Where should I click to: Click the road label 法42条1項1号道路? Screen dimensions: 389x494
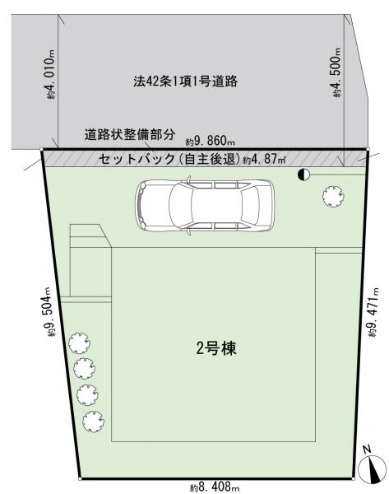pos(185,82)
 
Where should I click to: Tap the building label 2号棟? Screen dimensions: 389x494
pos(216,348)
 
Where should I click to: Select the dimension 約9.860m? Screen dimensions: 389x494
pos(211,142)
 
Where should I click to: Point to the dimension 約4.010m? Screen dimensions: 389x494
pos(51,75)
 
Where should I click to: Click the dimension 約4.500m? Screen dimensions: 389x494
pos(336,72)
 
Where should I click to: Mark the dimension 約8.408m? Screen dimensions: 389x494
pos(215,487)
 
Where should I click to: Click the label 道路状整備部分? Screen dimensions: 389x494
pos(129,134)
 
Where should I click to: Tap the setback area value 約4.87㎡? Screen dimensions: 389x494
pos(264,159)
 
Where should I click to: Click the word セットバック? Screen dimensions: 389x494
pos(137,159)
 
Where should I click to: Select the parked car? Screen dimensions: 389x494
pos(205,205)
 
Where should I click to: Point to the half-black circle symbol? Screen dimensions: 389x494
pos(303,175)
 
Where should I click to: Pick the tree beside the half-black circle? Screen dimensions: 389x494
pos(333,197)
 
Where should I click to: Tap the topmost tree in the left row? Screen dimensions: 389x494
pos(79,343)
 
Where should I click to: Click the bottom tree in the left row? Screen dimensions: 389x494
pos(94,422)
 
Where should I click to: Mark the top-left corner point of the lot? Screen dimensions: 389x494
pos(42,149)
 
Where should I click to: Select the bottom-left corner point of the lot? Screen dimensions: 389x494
pos(80,479)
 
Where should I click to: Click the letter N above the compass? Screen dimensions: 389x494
pos(366,450)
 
